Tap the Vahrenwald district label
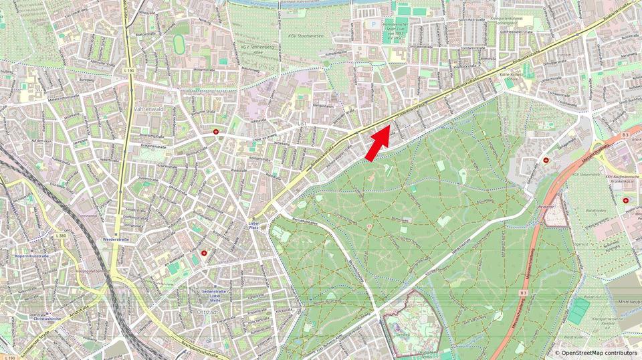pyautogui.click(x=149, y=107)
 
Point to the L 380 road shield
pyautogui.click(x=62, y=236)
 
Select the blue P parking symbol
pyautogui.click(x=374, y=23)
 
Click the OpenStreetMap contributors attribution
pyautogui.click(x=595, y=352)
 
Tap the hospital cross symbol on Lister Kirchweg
pyautogui.click(x=215, y=132)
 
